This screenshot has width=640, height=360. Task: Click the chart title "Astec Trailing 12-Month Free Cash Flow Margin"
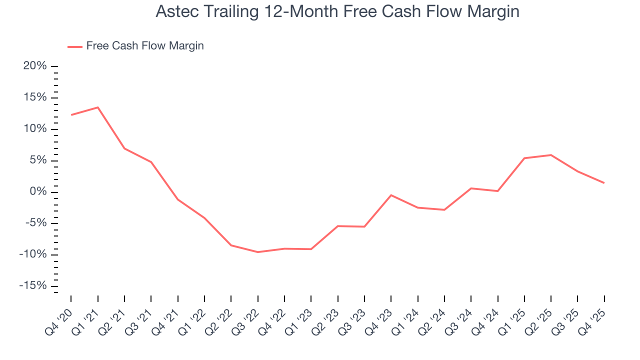(x=337, y=11)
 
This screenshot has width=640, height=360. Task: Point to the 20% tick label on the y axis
(x=35, y=66)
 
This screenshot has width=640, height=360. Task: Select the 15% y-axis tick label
(x=35, y=97)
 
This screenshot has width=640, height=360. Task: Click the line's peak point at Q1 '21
(x=97, y=107)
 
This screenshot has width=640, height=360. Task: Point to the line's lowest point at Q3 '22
(x=257, y=252)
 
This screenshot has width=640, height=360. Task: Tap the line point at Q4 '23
(x=391, y=195)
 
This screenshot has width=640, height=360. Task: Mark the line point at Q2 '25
(x=551, y=155)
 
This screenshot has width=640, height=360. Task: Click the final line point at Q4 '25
(x=604, y=183)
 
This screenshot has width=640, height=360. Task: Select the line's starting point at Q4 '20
(x=71, y=115)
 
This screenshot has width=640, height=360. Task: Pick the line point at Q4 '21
(x=177, y=199)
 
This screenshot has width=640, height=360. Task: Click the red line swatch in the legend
(x=75, y=46)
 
